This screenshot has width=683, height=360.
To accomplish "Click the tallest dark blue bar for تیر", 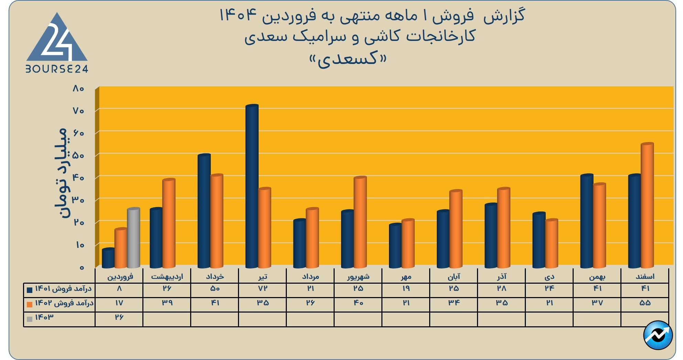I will tap(252, 186).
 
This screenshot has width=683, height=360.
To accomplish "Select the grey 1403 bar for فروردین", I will tap(133, 237).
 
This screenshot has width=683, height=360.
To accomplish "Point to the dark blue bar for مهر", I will tap(395, 246).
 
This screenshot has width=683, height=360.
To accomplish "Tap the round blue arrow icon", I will tap(658, 335).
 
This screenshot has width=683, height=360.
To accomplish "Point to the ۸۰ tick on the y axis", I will tap(78, 88).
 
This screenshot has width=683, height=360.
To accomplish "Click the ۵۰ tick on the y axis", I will tap(78, 155).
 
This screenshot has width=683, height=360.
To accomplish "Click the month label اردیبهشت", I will tap(167, 276).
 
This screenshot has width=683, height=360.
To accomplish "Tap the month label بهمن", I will tap(597, 276).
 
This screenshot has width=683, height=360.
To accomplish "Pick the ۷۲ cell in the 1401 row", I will tap(262, 288).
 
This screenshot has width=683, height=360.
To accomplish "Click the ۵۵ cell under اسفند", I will tap(645, 303).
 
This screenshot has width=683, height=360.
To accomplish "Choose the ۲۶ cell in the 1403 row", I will tap(119, 317).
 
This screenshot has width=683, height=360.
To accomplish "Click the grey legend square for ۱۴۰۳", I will tap(30, 319).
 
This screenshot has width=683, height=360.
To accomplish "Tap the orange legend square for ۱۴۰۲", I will tap(30, 304).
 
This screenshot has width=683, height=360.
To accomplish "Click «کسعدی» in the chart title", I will tap(348, 59).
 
